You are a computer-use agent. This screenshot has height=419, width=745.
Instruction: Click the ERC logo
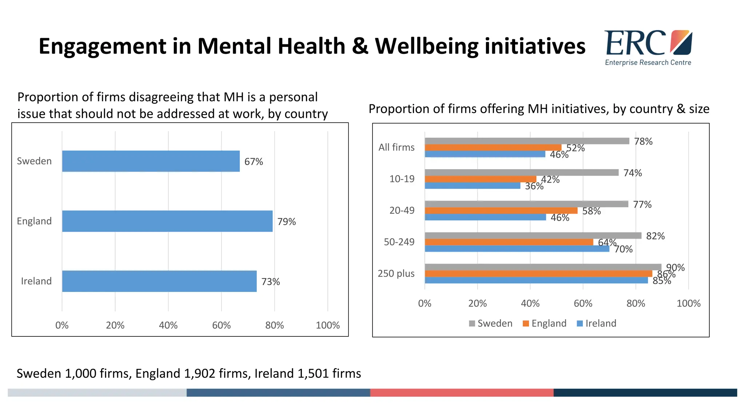pyautogui.click(x=648, y=47)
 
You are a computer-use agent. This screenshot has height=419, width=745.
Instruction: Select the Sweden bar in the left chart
pyautogui.click(x=151, y=161)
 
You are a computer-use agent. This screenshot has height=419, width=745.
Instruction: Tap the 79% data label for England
pyautogui.click(x=287, y=222)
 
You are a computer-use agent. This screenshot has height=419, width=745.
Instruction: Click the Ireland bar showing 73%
pyautogui.click(x=159, y=281)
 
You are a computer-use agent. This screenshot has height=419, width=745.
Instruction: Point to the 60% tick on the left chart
pyautogui.click(x=221, y=325)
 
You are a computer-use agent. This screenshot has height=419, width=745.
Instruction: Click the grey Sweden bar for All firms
pyautogui.click(x=526, y=141)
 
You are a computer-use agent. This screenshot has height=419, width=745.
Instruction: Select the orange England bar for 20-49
pyautogui.click(x=501, y=211)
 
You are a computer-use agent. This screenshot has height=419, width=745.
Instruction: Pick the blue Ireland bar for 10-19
pyautogui.click(x=472, y=186)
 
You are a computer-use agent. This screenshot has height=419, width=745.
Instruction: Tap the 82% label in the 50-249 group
pyautogui.click(x=655, y=236)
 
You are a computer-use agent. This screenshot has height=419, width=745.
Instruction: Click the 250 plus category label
pyautogui.click(x=396, y=274)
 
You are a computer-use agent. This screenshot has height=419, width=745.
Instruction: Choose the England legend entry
pyautogui.click(x=545, y=323)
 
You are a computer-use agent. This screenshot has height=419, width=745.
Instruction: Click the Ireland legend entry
pyautogui.click(x=597, y=323)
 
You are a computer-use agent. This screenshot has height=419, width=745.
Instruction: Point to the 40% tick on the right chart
pyautogui.click(x=530, y=303)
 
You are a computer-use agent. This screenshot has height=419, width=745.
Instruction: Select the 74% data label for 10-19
pyautogui.click(x=633, y=173)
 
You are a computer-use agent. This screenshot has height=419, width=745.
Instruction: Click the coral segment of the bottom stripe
pyautogui.click(x=462, y=392)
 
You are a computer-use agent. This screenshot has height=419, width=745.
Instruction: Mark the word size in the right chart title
pyautogui.click(x=699, y=109)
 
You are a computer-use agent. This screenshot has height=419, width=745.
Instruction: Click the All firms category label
pyautogui.click(x=396, y=147)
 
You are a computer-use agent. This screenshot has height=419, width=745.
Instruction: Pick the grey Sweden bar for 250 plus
pyautogui.click(x=543, y=267)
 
